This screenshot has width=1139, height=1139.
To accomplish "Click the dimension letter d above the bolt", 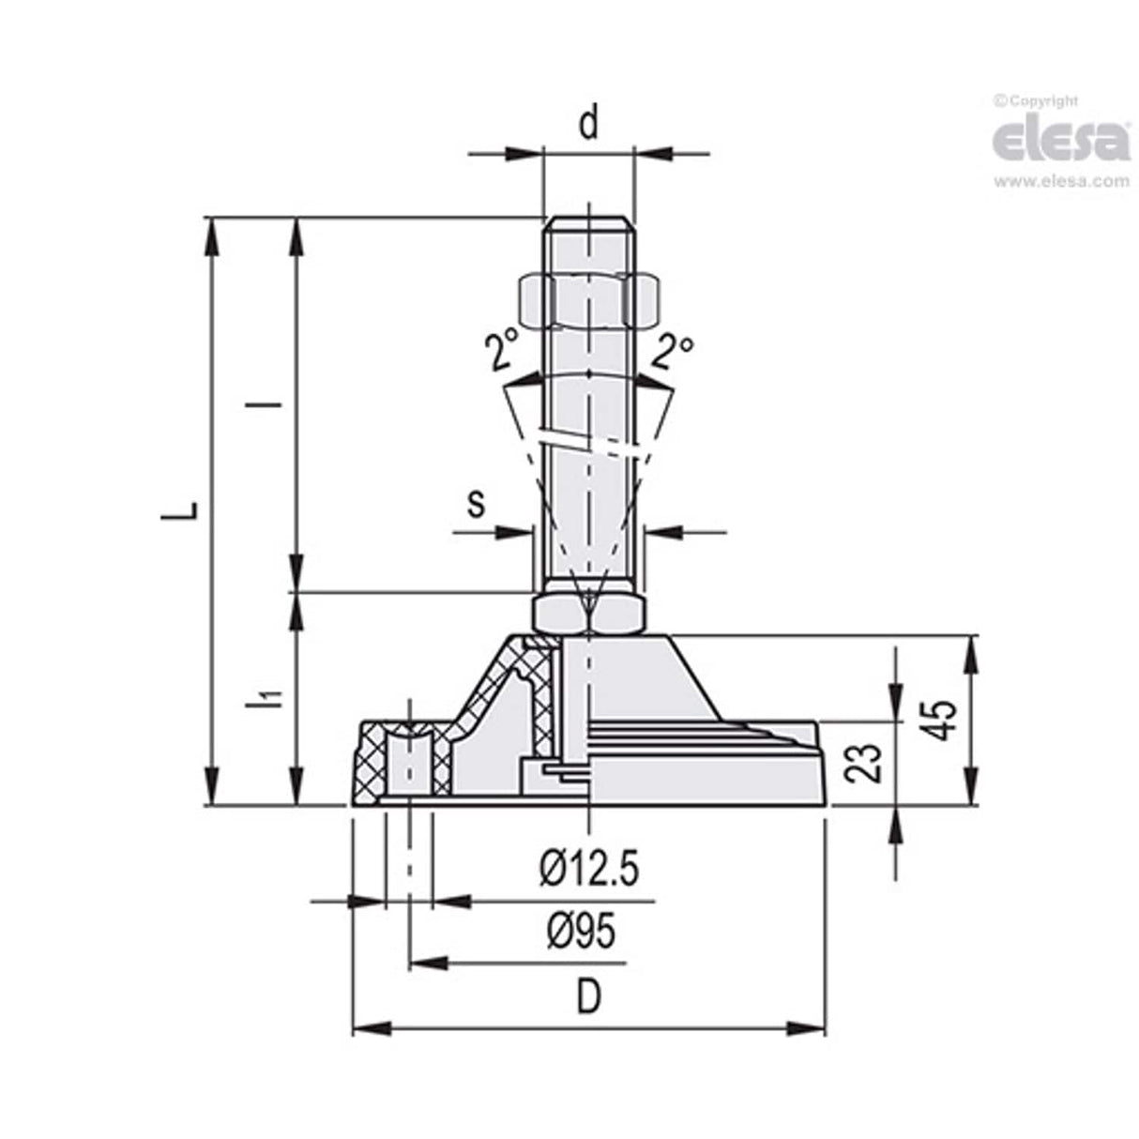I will coord(587,124).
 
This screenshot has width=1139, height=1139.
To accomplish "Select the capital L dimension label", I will coord(190,509).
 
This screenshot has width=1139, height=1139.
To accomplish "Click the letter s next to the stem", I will coord(477,504).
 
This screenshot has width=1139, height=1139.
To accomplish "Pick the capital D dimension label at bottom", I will coord(587,998).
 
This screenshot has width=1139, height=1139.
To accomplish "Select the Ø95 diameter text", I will coord(582,933).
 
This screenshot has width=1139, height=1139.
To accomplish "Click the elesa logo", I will coord(1060,141).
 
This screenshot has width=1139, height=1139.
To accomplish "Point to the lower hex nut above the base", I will coord(588,613).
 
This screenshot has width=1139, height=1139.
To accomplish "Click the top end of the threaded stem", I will coord(588,223).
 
